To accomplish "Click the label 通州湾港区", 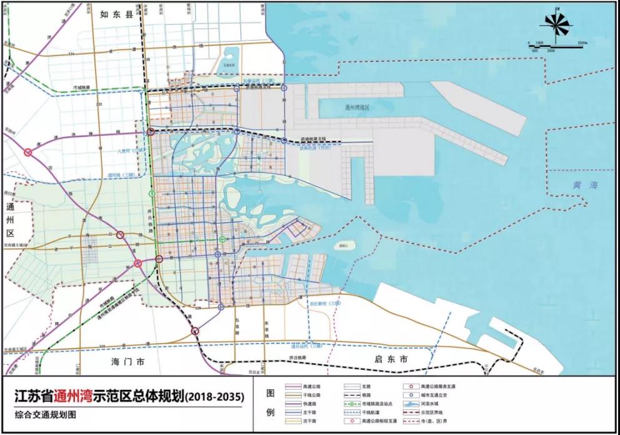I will click(357, 108).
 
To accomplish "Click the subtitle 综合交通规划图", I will click(47, 415).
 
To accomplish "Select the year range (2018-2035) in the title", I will click(214, 396).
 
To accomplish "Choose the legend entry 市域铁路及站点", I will click(377, 405).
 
